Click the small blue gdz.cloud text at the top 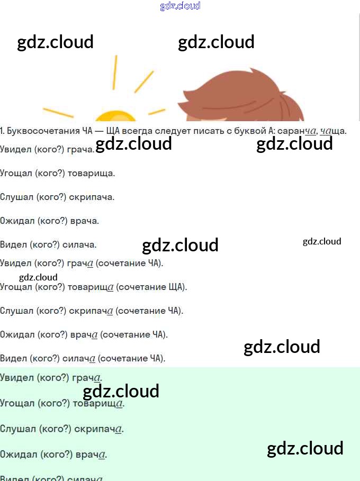pos(180,6)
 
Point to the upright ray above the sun pos(114,72)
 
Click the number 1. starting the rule pos(3,131)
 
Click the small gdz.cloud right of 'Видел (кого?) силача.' pos(322,241)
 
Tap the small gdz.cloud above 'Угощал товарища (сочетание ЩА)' pos(38,277)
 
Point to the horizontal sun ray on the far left pos(58,113)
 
